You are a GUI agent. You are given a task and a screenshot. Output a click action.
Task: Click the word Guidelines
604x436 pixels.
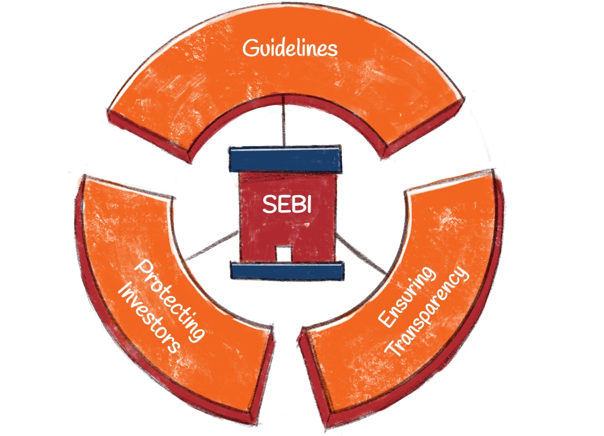(x=290, y=48)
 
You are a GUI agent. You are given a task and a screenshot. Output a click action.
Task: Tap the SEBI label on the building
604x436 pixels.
(x=286, y=204)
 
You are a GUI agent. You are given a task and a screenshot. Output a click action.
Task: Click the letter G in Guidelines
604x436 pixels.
(x=249, y=48)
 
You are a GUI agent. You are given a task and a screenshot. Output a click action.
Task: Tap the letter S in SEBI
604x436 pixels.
(x=268, y=204)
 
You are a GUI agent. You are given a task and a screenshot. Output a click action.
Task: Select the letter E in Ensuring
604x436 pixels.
(x=385, y=321)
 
